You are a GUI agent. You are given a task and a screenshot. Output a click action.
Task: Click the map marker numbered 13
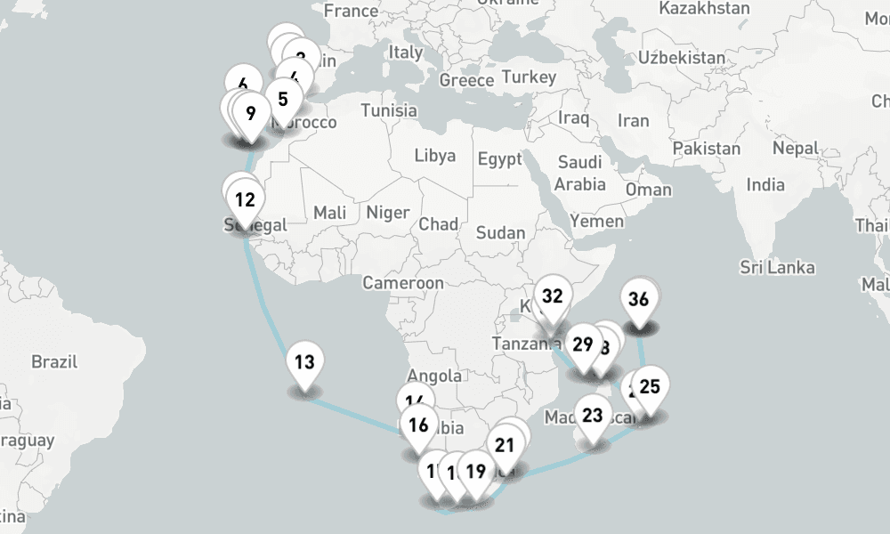click(x=304, y=363)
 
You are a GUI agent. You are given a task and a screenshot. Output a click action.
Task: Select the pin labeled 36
click(x=638, y=300)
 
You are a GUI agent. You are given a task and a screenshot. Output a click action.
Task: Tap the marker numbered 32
click(x=553, y=296)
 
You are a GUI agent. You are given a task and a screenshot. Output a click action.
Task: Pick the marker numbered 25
click(x=650, y=387)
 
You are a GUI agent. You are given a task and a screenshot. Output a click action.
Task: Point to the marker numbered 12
click(x=246, y=199)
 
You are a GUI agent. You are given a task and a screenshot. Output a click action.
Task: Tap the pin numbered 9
click(x=251, y=113)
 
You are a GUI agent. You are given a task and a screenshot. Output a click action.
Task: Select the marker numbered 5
click(x=283, y=99)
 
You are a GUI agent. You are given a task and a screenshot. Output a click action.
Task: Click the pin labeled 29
click(x=583, y=344)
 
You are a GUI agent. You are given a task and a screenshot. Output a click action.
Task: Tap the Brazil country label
click(x=54, y=362)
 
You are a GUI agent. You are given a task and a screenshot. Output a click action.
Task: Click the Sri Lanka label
click(x=777, y=267)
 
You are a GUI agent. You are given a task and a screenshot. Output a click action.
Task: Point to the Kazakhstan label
click(x=705, y=8)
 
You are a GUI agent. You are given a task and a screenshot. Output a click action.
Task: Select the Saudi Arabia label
click(x=580, y=174)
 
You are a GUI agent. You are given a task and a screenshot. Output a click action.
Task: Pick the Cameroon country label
click(x=402, y=283)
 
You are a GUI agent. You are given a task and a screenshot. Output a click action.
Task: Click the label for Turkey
click(x=529, y=77)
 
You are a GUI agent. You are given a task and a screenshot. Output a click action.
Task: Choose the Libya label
click(x=434, y=156)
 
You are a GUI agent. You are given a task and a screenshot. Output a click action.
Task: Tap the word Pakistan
click(x=706, y=148)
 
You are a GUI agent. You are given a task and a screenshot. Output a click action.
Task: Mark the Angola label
click(x=433, y=376)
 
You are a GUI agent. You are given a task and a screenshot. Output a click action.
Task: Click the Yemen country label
click(x=597, y=220)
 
